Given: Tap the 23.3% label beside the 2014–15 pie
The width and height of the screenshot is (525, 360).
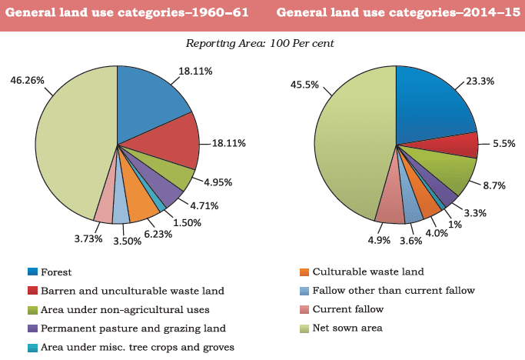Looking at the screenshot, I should [x=483, y=80].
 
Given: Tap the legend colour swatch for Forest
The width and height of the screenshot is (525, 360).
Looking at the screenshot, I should [x=32, y=272].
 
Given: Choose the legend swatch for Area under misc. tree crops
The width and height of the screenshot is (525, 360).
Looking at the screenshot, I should [x=32, y=347].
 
